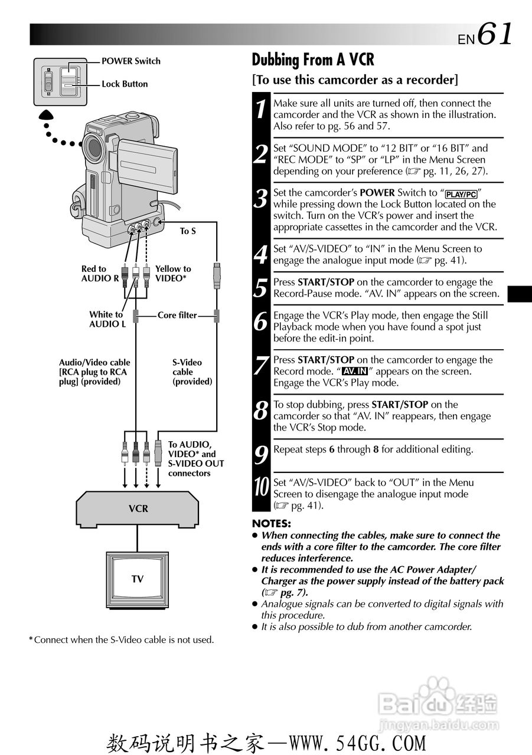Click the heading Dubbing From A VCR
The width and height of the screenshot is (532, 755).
313,60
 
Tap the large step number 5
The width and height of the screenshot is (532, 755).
260,288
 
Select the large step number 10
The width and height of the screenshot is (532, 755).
260,488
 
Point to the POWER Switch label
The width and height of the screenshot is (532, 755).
130,61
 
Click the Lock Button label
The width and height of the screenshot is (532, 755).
125,84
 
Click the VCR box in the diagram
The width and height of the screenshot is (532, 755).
138,508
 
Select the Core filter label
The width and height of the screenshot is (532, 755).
177,315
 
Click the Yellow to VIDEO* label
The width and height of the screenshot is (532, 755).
173,273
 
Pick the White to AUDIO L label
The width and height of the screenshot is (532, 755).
107,319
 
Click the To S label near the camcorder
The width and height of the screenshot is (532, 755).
188,231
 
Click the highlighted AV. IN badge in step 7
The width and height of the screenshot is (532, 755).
354,371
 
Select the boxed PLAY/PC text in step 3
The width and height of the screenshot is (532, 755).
461,194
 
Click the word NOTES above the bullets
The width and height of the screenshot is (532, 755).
272,523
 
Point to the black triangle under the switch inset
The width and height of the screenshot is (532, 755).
47,116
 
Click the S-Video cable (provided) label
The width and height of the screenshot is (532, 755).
192,372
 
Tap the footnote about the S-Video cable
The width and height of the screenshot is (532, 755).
122,639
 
